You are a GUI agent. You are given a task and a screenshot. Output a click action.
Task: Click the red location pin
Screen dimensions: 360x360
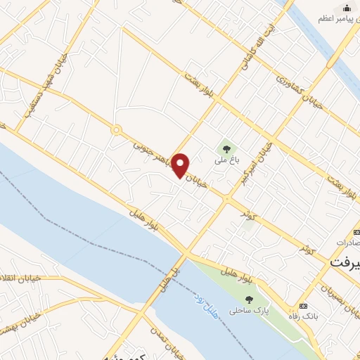click(x=181, y=165)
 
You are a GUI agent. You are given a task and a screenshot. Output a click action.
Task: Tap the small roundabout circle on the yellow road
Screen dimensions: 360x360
click(x=116, y=129)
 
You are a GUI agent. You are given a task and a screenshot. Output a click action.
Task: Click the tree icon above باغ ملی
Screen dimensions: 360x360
click(x=226, y=148)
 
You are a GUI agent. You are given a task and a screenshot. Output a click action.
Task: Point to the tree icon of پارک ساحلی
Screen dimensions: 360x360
click(x=250, y=281)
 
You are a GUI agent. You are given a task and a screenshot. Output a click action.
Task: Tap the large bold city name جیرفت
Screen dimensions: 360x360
click(x=345, y=260)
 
